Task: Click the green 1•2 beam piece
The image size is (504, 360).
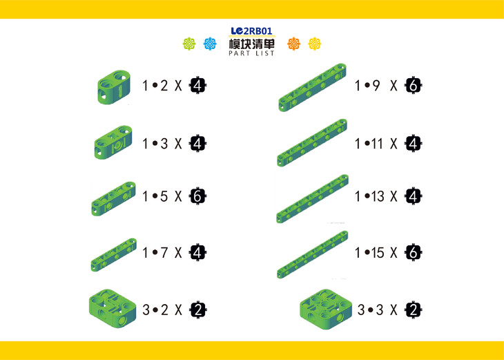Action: click(114, 87)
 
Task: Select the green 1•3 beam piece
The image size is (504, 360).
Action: click(113, 142)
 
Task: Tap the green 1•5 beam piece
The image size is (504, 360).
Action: click(113, 198)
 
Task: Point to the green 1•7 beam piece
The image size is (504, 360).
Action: click(113, 254)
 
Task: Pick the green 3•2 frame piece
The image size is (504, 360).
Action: click(113, 308)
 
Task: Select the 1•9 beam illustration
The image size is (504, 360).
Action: click(313, 88)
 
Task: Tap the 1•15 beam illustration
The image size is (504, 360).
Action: click(313, 254)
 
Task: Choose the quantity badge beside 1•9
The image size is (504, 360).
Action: click(413, 86)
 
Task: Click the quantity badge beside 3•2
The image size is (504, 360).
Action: click(197, 310)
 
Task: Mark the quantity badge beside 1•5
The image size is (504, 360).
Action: click(197, 196)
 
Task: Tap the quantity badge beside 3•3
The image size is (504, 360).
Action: click(414, 310)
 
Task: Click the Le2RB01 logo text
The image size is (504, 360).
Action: click(252, 31)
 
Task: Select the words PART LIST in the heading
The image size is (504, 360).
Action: click(252, 53)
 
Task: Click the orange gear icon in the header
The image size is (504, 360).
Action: click(294, 44)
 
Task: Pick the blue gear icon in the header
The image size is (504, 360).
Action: click(210, 44)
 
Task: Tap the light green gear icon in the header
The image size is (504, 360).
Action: click(189, 44)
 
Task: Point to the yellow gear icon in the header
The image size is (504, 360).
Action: click(315, 44)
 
